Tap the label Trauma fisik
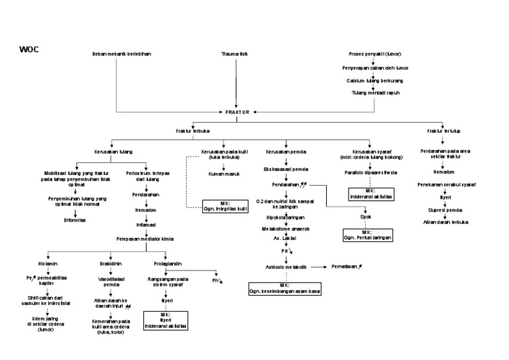(x=235, y=54)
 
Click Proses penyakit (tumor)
(x=374, y=54)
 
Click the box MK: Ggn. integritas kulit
(x=223, y=206)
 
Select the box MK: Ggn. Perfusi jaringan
(x=367, y=234)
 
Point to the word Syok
(x=366, y=216)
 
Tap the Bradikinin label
(x=111, y=263)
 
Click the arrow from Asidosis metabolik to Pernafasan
(x=319, y=267)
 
